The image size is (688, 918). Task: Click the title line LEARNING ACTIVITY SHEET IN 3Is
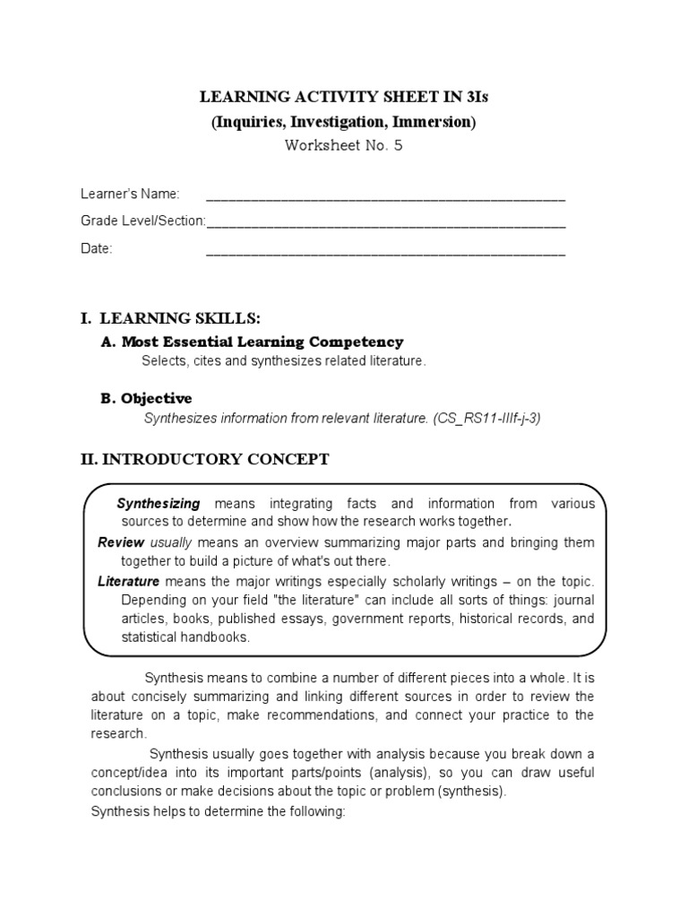[343, 98]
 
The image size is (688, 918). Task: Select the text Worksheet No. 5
[343, 146]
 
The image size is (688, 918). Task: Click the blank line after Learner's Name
[385, 196]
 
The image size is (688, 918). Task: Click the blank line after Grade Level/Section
[385, 222]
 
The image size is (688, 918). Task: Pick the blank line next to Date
[385, 250]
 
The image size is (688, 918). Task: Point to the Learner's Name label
[130, 195]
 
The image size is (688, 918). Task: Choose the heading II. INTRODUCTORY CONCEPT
[204, 460]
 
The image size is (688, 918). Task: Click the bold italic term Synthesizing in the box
[159, 503]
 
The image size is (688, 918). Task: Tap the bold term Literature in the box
[128, 582]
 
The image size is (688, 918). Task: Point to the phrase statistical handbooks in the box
[185, 637]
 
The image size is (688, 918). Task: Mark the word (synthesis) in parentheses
[474, 792]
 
